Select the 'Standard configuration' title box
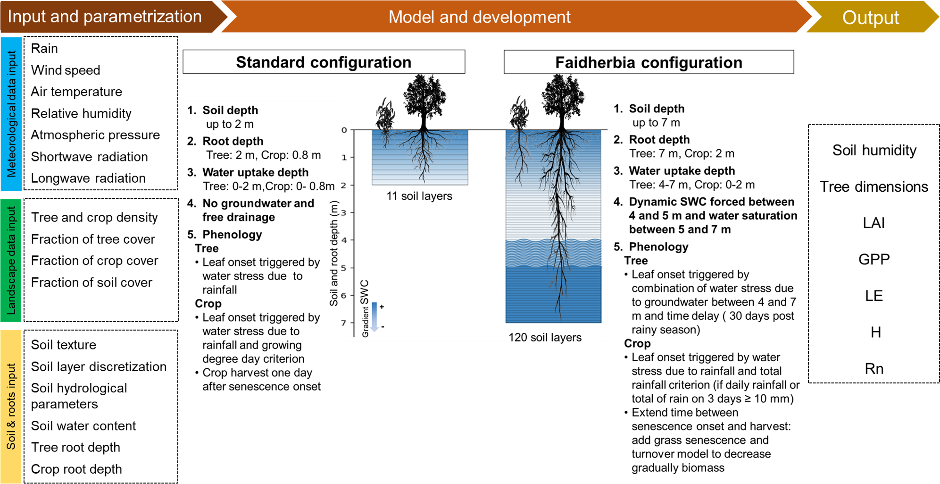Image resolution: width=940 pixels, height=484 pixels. [324, 62]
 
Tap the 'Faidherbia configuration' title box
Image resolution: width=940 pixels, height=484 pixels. [649, 62]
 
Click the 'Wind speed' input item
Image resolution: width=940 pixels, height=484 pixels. [66, 70]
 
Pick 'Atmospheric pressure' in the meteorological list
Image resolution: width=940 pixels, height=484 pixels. [95, 135]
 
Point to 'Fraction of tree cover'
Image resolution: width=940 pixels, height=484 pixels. [93, 239]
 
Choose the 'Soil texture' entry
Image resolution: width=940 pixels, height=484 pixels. [64, 345]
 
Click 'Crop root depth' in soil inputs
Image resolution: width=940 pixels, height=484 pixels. [76, 469]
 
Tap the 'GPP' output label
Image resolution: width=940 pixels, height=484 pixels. [874, 259]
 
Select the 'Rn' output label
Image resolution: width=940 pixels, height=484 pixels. [874, 369]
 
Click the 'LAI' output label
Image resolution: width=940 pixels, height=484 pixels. [873, 223]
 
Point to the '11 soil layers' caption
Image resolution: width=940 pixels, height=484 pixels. [419, 196]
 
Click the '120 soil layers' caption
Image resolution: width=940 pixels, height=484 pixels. [545, 338]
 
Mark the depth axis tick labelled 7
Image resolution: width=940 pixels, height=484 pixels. [344, 323]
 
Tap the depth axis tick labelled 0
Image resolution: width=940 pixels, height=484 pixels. [344, 130]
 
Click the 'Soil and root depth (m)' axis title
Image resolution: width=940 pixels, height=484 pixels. [334, 254]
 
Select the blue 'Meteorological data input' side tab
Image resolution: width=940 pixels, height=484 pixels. [11, 114]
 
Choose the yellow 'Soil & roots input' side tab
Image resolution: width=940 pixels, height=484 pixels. [11, 407]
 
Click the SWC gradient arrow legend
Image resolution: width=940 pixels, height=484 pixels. [374, 316]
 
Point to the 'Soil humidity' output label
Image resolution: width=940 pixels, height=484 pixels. [874, 150]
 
